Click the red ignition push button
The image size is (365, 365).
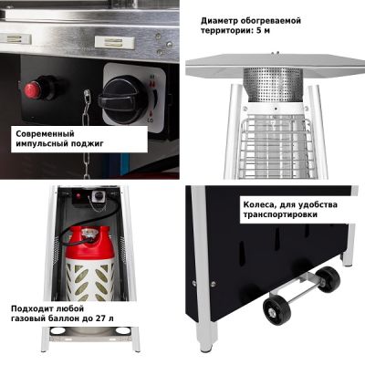[x=33, y=89]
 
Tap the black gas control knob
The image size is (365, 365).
[x=124, y=99]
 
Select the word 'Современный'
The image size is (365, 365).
[x=45, y=134]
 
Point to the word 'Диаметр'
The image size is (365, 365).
[x=219, y=21]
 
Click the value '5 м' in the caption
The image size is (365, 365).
[x=263, y=31]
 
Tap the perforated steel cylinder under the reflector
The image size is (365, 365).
[x=273, y=84]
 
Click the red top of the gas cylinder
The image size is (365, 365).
[x=90, y=243]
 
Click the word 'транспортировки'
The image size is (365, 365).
[x=280, y=214]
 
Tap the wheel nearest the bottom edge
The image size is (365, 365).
[x=276, y=311]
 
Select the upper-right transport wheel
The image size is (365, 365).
[x=328, y=279]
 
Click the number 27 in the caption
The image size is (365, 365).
[x=99, y=318]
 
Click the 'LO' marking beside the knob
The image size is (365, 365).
[x=151, y=120]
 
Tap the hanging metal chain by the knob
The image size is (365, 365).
[x=87, y=133]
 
